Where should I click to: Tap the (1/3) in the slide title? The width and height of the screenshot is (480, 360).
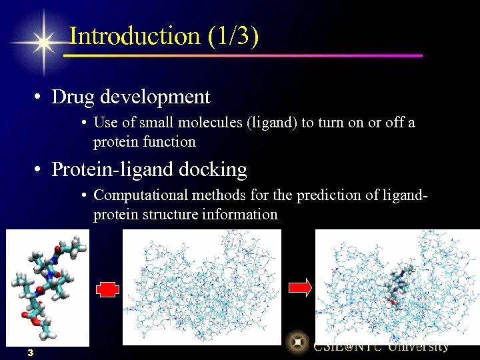233,36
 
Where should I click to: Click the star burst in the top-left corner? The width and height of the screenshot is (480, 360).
43,42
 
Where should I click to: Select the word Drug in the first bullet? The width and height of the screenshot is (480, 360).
73,97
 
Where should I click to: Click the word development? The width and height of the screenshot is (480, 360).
155,97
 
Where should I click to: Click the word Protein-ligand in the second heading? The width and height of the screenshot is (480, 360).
113,170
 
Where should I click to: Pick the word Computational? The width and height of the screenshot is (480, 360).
141,195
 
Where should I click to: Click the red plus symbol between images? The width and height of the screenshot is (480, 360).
107,289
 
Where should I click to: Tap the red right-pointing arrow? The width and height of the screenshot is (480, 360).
300,287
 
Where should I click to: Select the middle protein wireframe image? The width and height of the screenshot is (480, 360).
201,287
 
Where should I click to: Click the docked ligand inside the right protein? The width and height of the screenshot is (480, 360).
399,283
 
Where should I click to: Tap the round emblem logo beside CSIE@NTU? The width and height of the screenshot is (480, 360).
297,343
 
